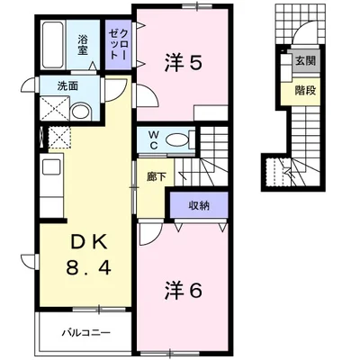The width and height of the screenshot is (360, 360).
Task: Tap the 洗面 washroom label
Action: (x=67, y=86)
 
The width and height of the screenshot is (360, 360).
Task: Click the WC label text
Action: (x=154, y=140)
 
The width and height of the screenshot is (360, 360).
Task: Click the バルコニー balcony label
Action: (x=86, y=333)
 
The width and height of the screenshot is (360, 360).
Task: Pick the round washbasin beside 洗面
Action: (x=80, y=111)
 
